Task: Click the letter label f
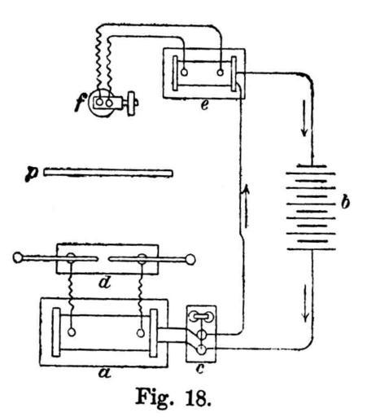[81, 102]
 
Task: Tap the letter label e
[204, 105]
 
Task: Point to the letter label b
[345, 202]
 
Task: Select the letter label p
[32, 173]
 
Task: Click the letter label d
[104, 283]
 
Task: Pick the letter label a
[104, 373]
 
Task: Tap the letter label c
[200, 368]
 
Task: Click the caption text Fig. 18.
[173, 397]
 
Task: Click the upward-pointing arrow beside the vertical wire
[247, 206]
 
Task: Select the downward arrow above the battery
[304, 118]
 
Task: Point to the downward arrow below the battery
[306, 303]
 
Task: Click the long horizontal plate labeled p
[107, 173]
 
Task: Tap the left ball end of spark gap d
[18, 257]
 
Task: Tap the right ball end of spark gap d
[190, 260]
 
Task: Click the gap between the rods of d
[103, 259]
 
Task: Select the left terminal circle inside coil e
[184, 72]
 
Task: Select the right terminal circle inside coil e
[221, 72]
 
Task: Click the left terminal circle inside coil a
[72, 332]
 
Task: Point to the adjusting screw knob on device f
[132, 103]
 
